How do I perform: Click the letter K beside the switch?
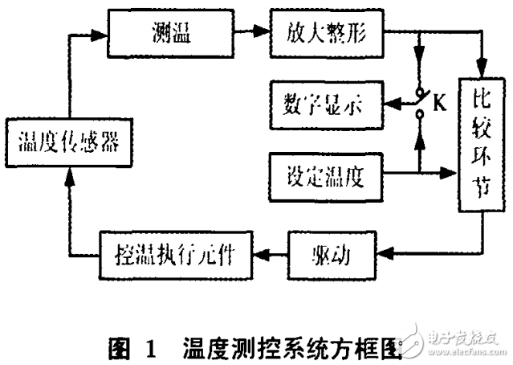click(x=440, y=103)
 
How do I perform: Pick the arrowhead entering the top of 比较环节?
click(x=482, y=68)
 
